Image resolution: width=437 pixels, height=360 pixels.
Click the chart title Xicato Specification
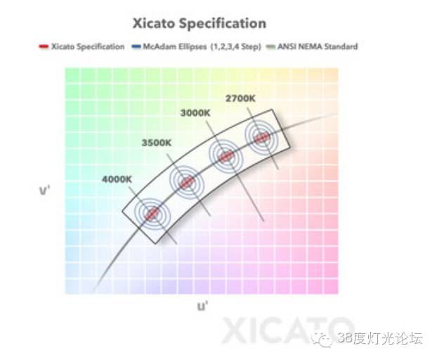pos(200,23)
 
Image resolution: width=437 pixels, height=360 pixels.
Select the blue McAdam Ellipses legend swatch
pos(136,47)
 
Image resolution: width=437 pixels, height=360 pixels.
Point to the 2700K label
pos(240,98)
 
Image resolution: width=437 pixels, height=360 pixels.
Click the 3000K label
pos(195,113)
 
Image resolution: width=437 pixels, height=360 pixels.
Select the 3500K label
pos(156,143)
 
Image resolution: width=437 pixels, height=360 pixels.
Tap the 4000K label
pos(117,179)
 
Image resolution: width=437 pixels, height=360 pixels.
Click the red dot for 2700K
pos(262,137)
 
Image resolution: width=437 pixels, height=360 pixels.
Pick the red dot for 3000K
pos(226,156)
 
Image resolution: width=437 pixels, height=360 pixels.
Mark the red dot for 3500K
pos(186,182)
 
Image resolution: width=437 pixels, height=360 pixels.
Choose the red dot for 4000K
pos(152,214)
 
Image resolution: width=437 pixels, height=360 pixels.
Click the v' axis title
pos(44,189)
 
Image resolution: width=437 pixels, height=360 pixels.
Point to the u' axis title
pos(202,307)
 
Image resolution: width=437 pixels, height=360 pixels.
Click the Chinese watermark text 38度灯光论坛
pos(379,339)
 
